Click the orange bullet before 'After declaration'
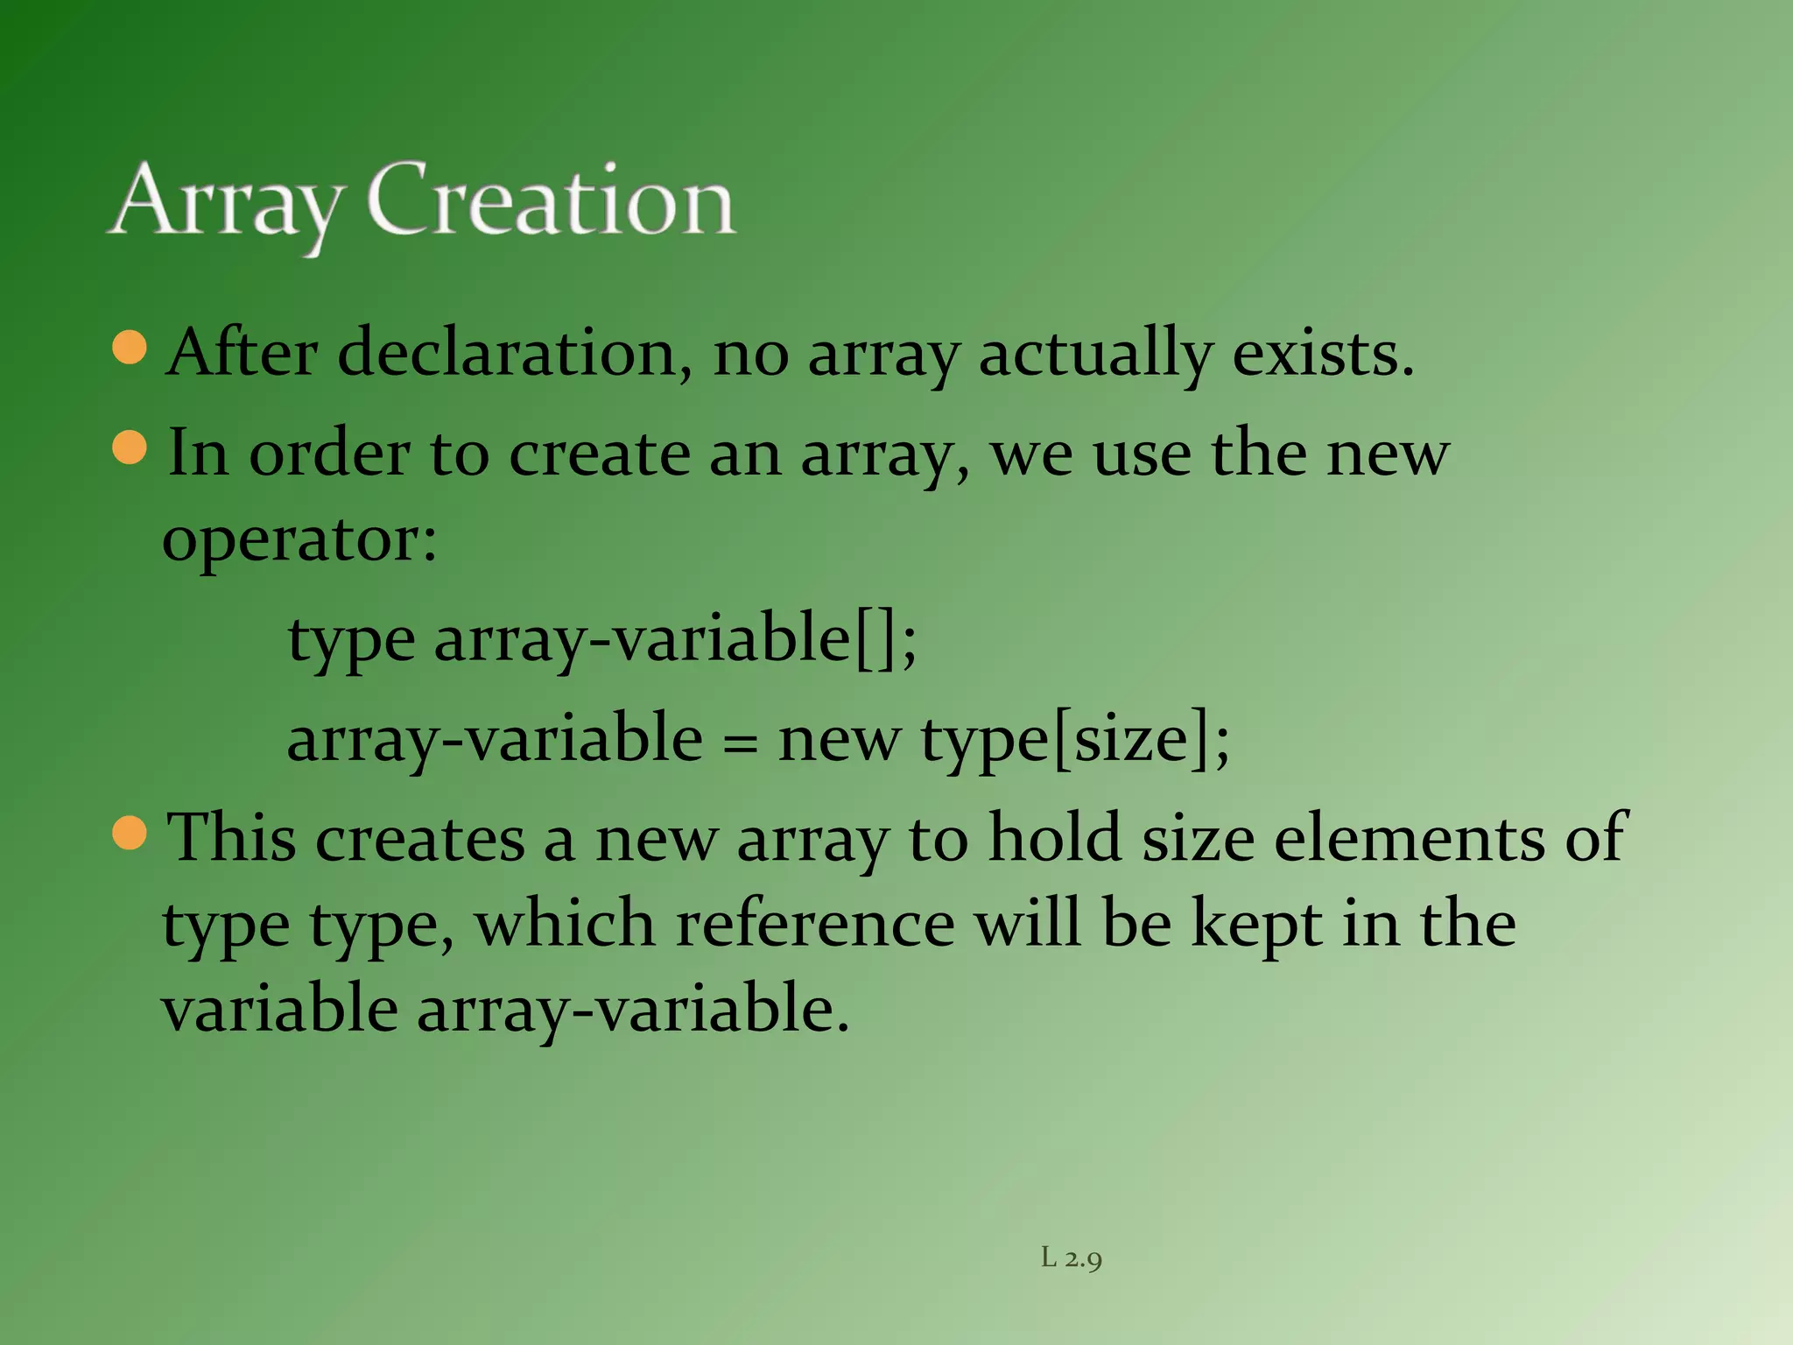tap(130, 347)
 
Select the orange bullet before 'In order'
tap(130, 447)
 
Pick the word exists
tap(1322, 354)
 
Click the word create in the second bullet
tap(599, 454)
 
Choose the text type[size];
tap(1075, 741)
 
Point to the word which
tap(565, 925)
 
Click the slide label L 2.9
tap(1071, 1259)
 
